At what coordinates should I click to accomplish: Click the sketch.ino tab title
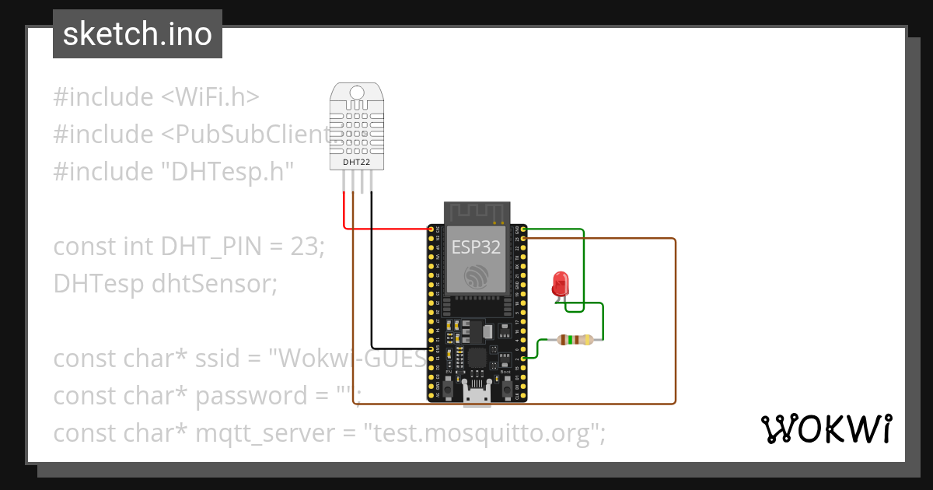[x=137, y=34]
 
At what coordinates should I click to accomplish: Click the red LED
[x=559, y=283]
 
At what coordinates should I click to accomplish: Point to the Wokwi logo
[x=826, y=429]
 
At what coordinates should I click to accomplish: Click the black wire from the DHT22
[x=372, y=272]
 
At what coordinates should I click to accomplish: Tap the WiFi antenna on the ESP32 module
[x=477, y=212]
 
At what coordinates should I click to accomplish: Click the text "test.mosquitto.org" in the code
[x=480, y=432]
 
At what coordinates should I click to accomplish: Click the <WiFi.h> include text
[x=210, y=97]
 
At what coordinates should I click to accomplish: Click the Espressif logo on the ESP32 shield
[x=477, y=275]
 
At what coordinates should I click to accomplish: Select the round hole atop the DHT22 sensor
[x=357, y=93]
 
